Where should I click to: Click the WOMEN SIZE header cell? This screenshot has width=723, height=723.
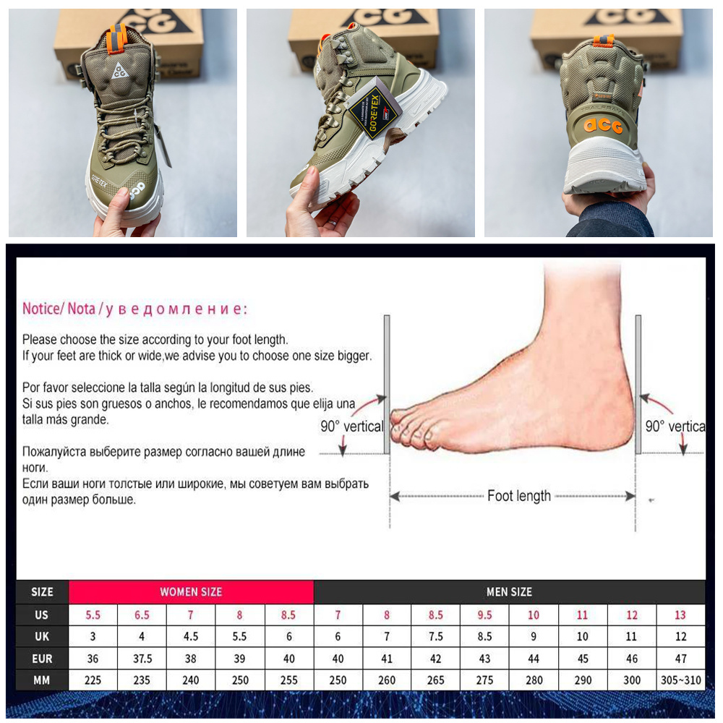(191, 591)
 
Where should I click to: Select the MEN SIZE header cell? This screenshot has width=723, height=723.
(509, 591)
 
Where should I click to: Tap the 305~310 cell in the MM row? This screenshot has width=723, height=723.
(680, 680)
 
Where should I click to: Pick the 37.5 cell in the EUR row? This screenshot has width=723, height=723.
(142, 659)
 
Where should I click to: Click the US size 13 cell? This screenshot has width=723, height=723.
(680, 615)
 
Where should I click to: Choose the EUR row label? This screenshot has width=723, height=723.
(42, 659)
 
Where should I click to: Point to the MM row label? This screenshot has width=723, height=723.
(42, 680)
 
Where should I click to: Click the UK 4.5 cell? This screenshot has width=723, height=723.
(191, 636)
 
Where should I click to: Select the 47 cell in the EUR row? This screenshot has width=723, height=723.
(680, 659)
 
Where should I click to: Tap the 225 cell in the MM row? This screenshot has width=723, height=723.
(93, 680)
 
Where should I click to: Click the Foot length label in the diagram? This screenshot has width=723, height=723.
(518, 496)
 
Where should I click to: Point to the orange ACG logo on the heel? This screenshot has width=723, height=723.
(603, 125)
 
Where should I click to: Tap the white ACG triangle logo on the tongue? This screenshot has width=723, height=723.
(119, 70)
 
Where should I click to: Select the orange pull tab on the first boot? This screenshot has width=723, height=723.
(116, 40)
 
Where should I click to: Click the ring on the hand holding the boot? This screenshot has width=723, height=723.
(333, 223)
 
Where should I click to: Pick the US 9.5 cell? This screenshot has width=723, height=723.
(484, 615)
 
